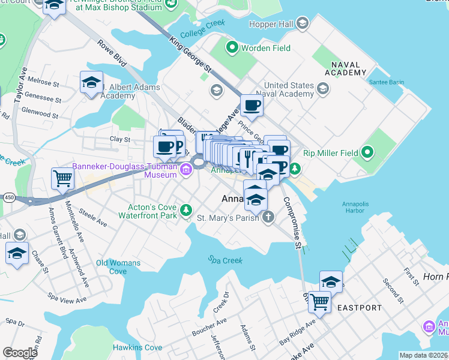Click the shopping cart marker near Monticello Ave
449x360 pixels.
63,178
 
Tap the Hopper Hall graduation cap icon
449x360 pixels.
303,23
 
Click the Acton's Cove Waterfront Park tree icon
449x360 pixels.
186,209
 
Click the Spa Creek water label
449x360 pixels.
225,260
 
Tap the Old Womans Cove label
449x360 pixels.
118,267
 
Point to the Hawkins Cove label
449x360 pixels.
137,347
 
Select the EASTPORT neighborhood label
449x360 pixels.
359,308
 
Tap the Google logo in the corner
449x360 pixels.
20,353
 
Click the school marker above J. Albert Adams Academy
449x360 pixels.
91,83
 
